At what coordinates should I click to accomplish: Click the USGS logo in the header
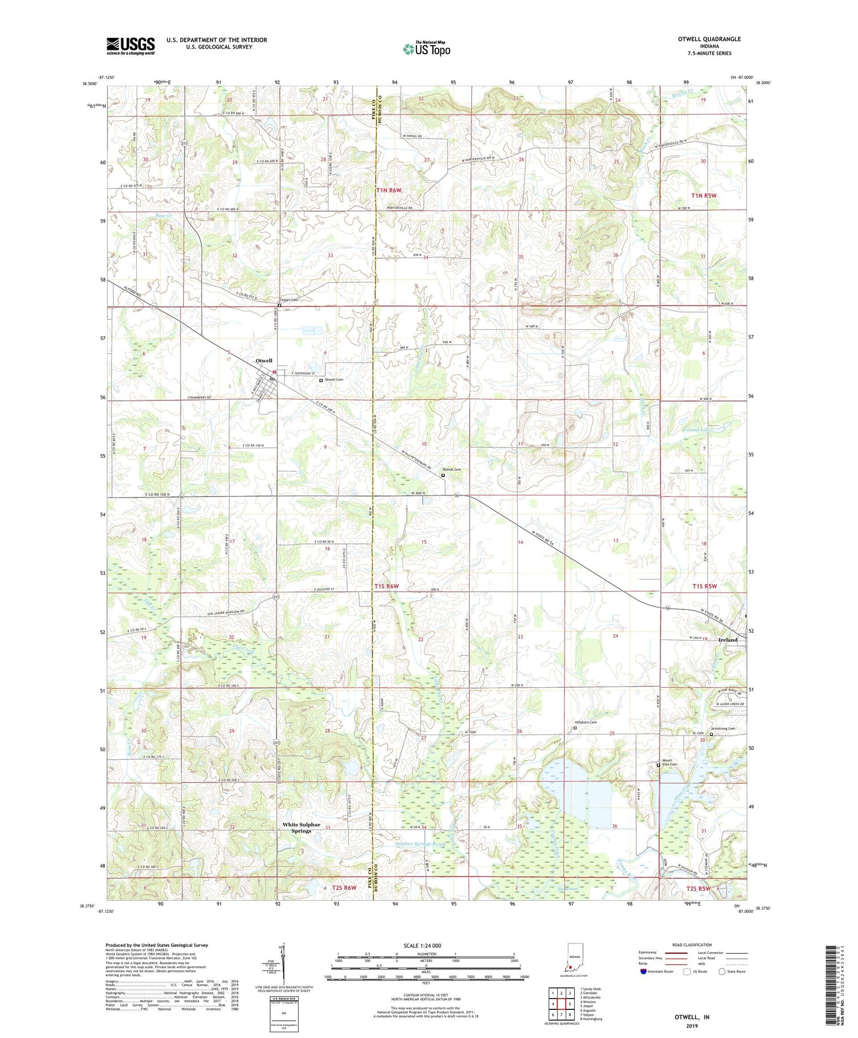(x=130, y=46)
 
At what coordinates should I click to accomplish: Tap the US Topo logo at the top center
(x=426, y=49)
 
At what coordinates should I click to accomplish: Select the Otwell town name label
(x=264, y=361)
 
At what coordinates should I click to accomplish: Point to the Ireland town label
(x=728, y=640)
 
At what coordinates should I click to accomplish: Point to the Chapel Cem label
(x=289, y=300)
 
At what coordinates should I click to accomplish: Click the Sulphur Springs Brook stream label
(x=420, y=844)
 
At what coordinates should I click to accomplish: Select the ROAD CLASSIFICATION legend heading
(x=692, y=945)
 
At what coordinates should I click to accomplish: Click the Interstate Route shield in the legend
(x=643, y=972)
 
